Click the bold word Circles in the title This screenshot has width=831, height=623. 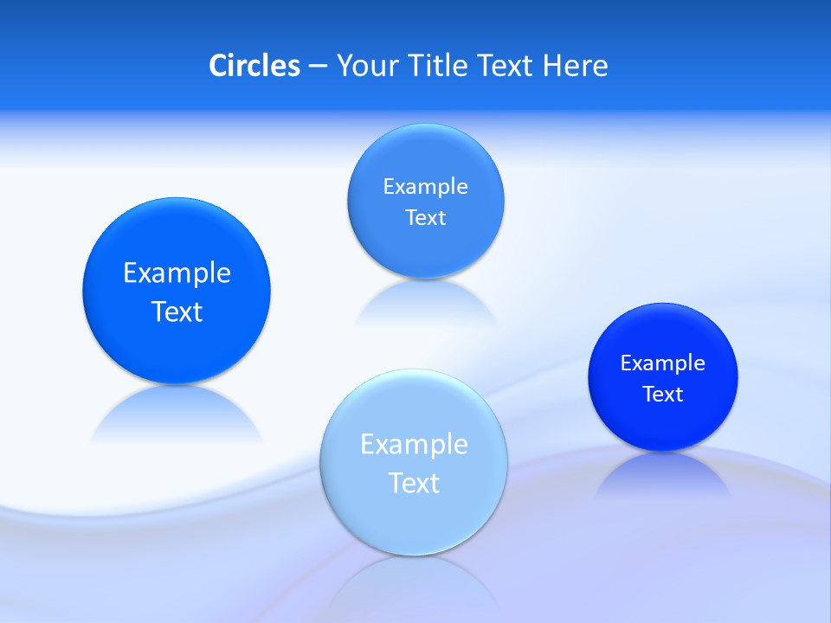(x=254, y=66)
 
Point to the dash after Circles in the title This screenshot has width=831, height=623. (x=317, y=67)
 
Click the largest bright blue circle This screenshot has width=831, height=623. (x=177, y=291)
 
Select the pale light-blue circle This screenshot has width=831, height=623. (x=413, y=462)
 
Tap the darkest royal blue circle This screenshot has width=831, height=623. (x=663, y=377)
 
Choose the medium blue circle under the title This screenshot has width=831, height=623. (x=425, y=201)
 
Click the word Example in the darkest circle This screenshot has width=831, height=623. (x=663, y=363)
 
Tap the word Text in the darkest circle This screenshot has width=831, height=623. (x=663, y=395)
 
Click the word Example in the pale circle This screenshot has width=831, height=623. (x=414, y=445)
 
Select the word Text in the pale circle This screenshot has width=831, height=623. (x=414, y=483)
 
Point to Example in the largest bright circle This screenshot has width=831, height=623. (x=177, y=273)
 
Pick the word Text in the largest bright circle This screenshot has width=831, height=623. (x=177, y=311)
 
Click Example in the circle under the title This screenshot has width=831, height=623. (x=425, y=187)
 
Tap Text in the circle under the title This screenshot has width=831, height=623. (x=425, y=218)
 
